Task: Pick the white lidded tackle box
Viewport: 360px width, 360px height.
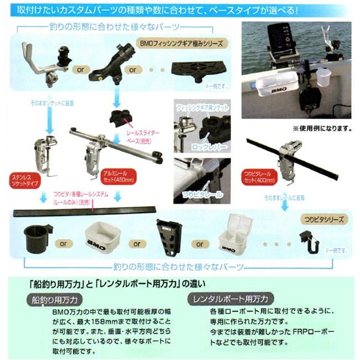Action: coord(235,236)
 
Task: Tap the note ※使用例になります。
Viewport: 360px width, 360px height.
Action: coord(323,128)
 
